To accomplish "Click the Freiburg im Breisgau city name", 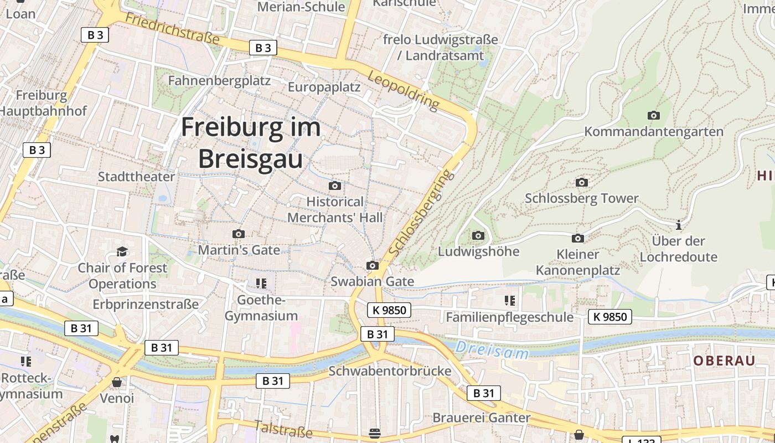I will click(x=251, y=143).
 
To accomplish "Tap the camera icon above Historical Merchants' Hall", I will click(x=335, y=186).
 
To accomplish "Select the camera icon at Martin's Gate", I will click(x=239, y=234).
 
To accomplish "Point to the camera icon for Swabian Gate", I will click(x=373, y=266).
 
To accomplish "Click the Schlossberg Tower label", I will click(x=581, y=198).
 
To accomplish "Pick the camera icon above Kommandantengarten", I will click(x=654, y=115).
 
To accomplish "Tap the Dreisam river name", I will click(x=492, y=351).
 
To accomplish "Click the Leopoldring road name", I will click(x=403, y=90).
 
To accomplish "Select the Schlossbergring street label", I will click(x=422, y=213).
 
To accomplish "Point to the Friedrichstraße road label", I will click(x=172, y=29).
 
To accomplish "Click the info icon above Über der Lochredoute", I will click(x=679, y=225).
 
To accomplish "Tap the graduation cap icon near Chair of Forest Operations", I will click(x=122, y=252).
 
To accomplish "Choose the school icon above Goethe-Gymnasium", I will click(x=261, y=284).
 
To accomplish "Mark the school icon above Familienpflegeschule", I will click(x=510, y=301).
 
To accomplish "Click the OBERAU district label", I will click(x=724, y=360).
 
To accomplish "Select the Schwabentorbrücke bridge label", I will click(x=390, y=370).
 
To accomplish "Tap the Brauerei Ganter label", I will click(x=482, y=418).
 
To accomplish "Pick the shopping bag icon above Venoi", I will click(x=117, y=382).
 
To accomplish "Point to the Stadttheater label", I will click(x=136, y=177).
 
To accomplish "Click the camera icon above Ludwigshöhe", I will click(x=478, y=235).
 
